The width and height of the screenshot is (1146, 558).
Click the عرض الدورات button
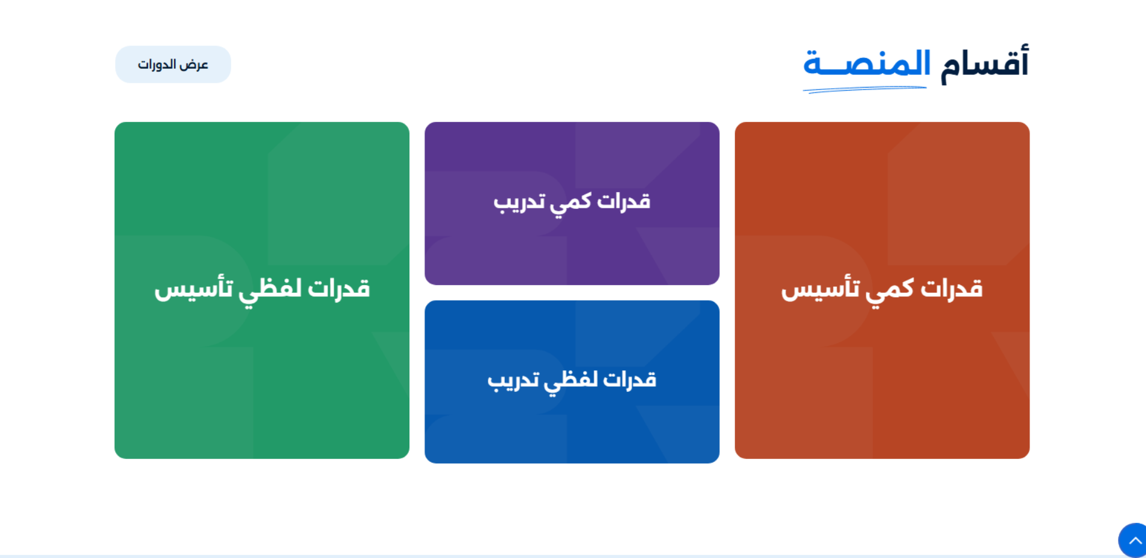(x=173, y=64)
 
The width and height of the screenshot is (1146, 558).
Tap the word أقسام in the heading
(x=984, y=63)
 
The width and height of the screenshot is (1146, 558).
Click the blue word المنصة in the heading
(x=866, y=63)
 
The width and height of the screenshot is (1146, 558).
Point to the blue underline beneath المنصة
(x=865, y=89)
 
